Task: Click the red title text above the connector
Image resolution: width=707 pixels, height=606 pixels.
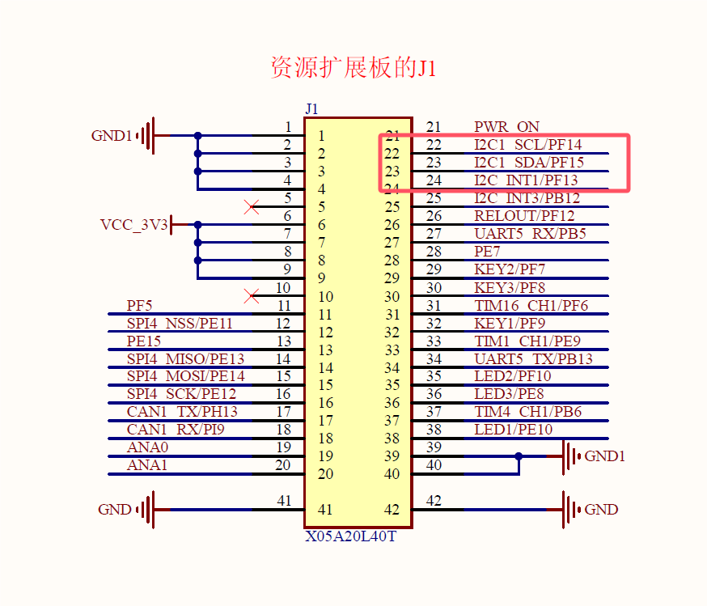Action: (353, 68)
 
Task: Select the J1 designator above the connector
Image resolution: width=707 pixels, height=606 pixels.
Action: (312, 109)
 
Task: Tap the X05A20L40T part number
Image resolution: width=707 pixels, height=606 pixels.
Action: (350, 536)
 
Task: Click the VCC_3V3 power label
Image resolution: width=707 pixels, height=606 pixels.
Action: (133, 225)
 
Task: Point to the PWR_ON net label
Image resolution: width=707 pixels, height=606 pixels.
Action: (506, 127)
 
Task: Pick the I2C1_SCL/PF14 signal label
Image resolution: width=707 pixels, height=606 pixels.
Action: (527, 145)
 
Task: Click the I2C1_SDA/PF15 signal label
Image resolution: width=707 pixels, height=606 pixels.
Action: (528, 163)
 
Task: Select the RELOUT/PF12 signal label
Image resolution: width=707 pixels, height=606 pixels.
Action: (524, 216)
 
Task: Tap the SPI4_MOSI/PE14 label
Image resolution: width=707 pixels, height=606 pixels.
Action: (185, 375)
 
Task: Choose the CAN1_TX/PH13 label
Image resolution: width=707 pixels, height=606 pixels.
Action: (182, 411)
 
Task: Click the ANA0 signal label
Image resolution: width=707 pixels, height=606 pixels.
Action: (147, 447)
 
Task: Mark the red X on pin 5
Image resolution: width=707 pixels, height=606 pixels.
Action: (252, 207)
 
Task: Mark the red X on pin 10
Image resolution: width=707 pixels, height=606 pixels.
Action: (252, 296)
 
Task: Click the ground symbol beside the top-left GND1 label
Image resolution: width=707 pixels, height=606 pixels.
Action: (146, 136)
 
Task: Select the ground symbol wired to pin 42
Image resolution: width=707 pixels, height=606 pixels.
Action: (573, 510)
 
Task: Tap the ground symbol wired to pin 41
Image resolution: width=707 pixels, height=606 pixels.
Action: (146, 510)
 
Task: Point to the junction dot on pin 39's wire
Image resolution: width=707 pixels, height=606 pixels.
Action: (519, 456)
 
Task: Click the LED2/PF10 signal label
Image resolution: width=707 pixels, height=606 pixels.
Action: (512, 375)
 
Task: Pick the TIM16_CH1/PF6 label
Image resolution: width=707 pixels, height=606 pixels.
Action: (531, 305)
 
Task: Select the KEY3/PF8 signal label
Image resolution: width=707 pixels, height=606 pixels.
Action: (510, 287)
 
